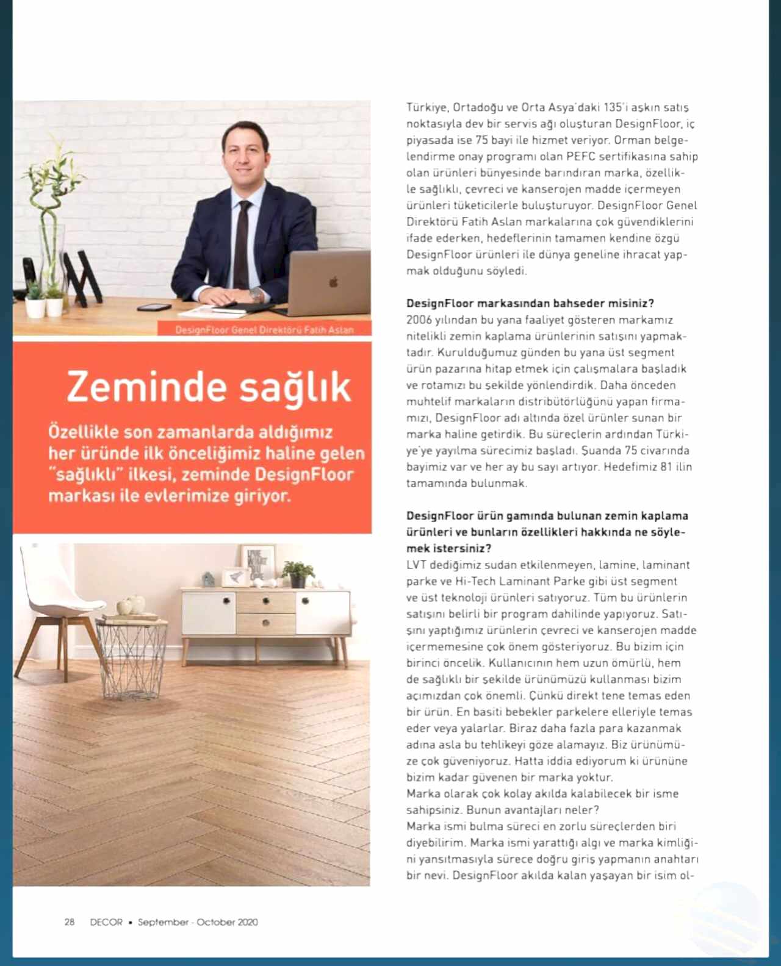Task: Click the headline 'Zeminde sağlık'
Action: pyautogui.click(x=209, y=387)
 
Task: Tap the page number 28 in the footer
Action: pyautogui.click(x=70, y=922)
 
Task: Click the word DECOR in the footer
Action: pyautogui.click(x=106, y=922)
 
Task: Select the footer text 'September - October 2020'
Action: pyautogui.click(x=198, y=922)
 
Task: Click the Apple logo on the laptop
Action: pyautogui.click(x=334, y=282)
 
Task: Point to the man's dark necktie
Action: pyautogui.click(x=242, y=244)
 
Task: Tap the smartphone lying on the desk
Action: pyautogui.click(x=154, y=307)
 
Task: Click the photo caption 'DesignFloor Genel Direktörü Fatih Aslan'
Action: pyautogui.click(x=264, y=330)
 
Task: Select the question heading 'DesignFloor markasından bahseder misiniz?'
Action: pyautogui.click(x=530, y=303)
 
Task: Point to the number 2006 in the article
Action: pyautogui.click(x=419, y=320)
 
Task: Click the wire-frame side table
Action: pyautogui.click(x=131, y=659)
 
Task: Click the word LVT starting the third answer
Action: pyautogui.click(x=417, y=565)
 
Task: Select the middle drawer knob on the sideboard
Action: pyautogui.click(x=265, y=623)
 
